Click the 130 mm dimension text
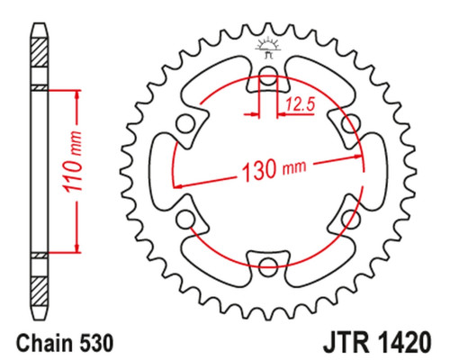(274, 169)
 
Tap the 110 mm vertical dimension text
(72, 161)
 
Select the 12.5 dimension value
(300, 104)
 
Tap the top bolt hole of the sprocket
(268, 75)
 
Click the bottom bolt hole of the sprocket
(268, 265)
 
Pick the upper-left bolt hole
(185, 124)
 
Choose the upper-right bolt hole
(351, 123)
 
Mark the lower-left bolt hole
(185, 220)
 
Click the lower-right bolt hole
(351, 219)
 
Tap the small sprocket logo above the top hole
(268, 48)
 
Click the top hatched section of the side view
(40, 52)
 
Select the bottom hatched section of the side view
(40, 292)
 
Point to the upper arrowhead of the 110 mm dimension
(77, 94)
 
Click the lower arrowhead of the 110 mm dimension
(77, 247)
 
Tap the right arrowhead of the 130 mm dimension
(358, 157)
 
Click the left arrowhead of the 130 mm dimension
(178, 186)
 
